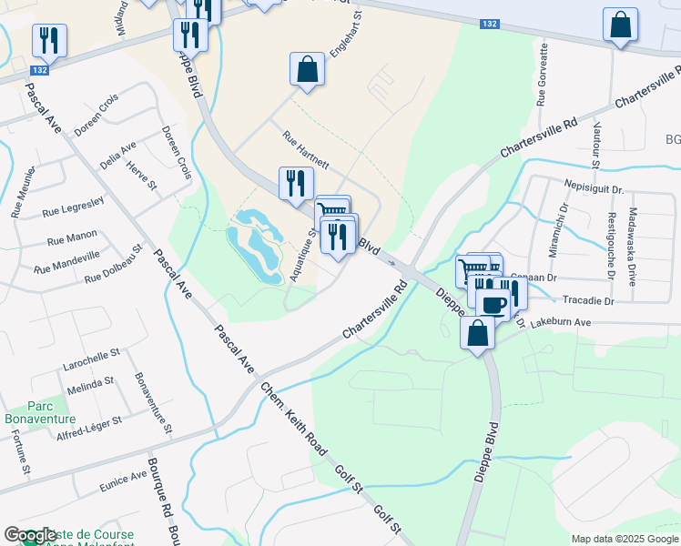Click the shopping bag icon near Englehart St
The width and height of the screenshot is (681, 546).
click(308, 69)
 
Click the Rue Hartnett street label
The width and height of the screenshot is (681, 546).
click(306, 152)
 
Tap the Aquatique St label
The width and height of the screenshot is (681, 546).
click(303, 255)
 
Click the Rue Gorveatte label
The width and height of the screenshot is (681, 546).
click(542, 75)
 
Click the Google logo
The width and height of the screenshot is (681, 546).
click(30, 535)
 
